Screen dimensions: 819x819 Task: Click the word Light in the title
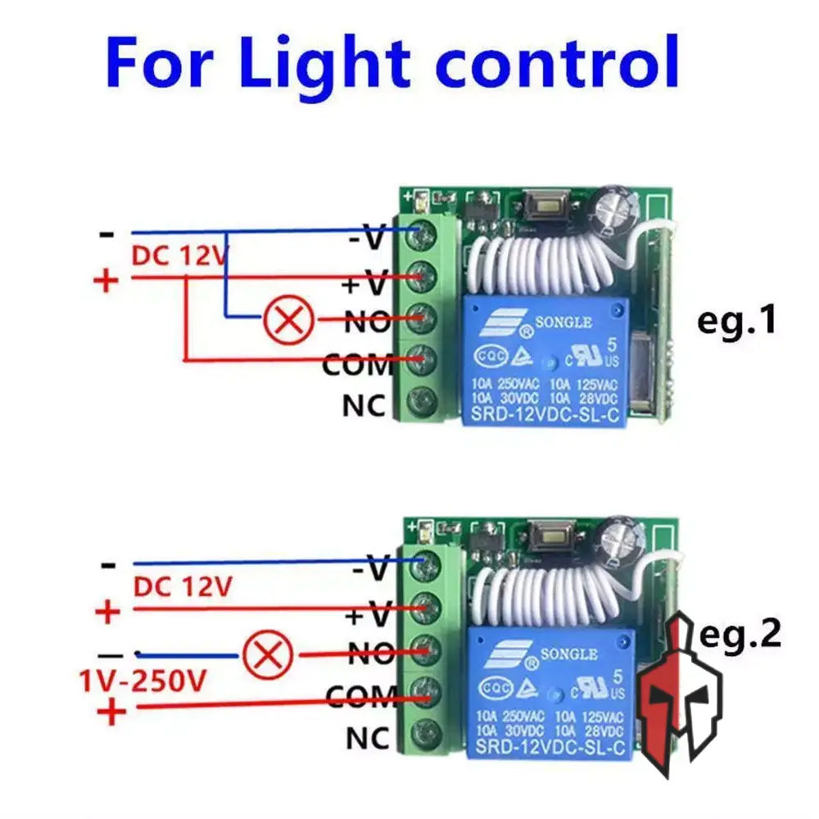pyautogui.click(x=326, y=61)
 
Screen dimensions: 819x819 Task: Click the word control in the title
pyautogui.click(x=557, y=61)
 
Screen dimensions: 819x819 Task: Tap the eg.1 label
pyautogui.click(x=735, y=321)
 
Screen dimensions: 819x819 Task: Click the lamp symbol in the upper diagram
pyautogui.click(x=287, y=319)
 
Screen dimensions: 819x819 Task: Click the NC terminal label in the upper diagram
pyautogui.click(x=364, y=405)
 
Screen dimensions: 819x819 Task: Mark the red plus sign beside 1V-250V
pyautogui.click(x=112, y=713)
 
